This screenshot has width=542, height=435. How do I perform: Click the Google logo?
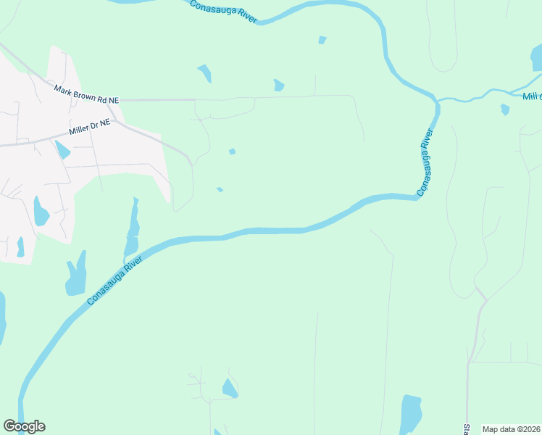click(24, 426)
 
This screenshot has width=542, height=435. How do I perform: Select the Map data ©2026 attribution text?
click(511, 429)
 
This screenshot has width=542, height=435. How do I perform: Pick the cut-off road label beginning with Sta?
click(467, 429)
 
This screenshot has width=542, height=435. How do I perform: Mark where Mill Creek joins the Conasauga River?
click(438, 101)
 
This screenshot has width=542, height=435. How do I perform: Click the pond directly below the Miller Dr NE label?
click(63, 149)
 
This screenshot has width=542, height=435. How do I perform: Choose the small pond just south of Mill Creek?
click(505, 109)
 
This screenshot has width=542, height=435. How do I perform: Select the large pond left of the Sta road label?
click(411, 413)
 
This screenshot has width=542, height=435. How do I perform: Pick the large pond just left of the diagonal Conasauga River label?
click(76, 275)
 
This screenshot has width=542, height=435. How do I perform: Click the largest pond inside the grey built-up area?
click(40, 212)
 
